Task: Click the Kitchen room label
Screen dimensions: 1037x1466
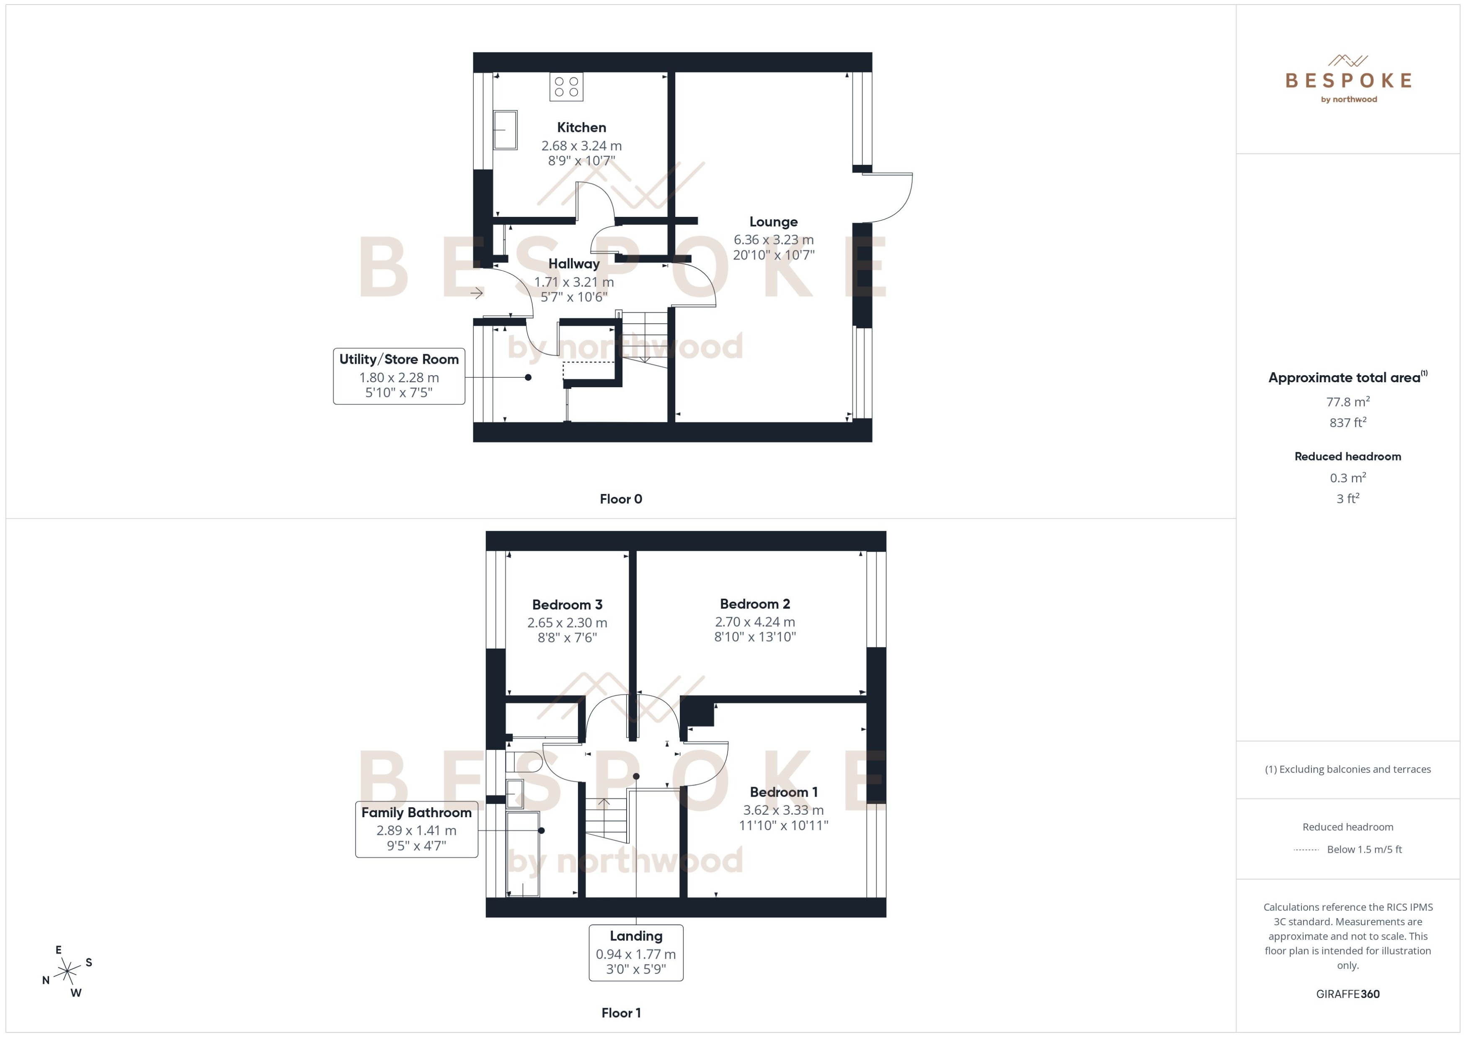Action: (581, 128)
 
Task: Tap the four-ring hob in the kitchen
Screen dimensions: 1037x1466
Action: (566, 87)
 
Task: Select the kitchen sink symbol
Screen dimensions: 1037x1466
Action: (505, 130)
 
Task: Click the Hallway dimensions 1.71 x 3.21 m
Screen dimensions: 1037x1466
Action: (573, 282)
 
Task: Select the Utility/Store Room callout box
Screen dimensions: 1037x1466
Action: (399, 376)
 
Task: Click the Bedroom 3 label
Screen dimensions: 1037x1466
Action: (567, 605)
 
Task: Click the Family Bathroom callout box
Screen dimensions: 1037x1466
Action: (416, 829)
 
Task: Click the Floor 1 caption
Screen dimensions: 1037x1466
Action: (621, 1013)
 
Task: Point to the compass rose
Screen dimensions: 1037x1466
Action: (67, 972)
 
